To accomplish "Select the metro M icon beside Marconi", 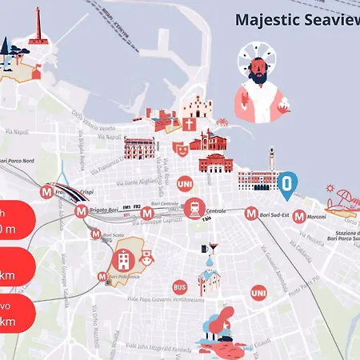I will pos(299,216).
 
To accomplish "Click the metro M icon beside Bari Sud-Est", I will pos(251,214).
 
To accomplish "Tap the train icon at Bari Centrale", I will pos(194,209).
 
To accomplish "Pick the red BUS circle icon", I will pos(180,286).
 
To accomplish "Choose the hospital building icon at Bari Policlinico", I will pos(123,259).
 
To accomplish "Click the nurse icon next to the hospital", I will pos(146,258).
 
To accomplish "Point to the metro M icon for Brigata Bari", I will pos(80,212).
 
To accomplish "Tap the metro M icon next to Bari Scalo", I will pos(96,235).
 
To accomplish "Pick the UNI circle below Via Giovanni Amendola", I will pos(258,294).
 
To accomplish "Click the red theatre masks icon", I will pos(179,148).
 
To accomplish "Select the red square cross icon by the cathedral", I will pos(189,125).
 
